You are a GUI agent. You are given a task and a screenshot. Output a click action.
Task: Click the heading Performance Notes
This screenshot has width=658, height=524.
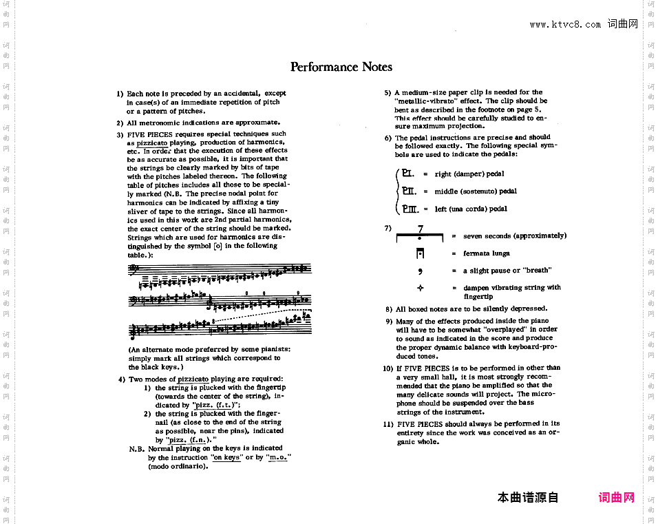341,67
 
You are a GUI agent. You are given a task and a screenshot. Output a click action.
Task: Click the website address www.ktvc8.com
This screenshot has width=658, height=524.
565,25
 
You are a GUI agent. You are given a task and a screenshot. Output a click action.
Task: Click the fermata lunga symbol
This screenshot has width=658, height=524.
420,253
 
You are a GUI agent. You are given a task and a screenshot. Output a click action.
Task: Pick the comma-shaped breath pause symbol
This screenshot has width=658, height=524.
420,271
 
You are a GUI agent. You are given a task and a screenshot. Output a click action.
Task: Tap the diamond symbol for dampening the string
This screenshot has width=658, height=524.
420,288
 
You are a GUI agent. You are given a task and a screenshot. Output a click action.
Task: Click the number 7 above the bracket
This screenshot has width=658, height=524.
421,229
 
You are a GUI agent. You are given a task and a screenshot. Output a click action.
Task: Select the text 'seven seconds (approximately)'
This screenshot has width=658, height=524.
515,236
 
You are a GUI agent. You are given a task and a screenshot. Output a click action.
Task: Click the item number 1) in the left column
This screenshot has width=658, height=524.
120,94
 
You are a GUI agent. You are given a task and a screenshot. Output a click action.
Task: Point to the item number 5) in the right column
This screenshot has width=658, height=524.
388,92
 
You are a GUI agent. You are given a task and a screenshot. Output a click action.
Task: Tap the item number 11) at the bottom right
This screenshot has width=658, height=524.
388,424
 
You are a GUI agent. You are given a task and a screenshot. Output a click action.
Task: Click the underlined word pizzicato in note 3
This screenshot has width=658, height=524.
151,143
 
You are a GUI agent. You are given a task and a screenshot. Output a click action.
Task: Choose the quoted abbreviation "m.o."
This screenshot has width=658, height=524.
277,457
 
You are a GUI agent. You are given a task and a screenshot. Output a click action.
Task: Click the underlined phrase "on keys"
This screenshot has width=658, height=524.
226,457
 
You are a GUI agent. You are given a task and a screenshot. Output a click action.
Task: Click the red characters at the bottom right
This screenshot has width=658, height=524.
617,498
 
